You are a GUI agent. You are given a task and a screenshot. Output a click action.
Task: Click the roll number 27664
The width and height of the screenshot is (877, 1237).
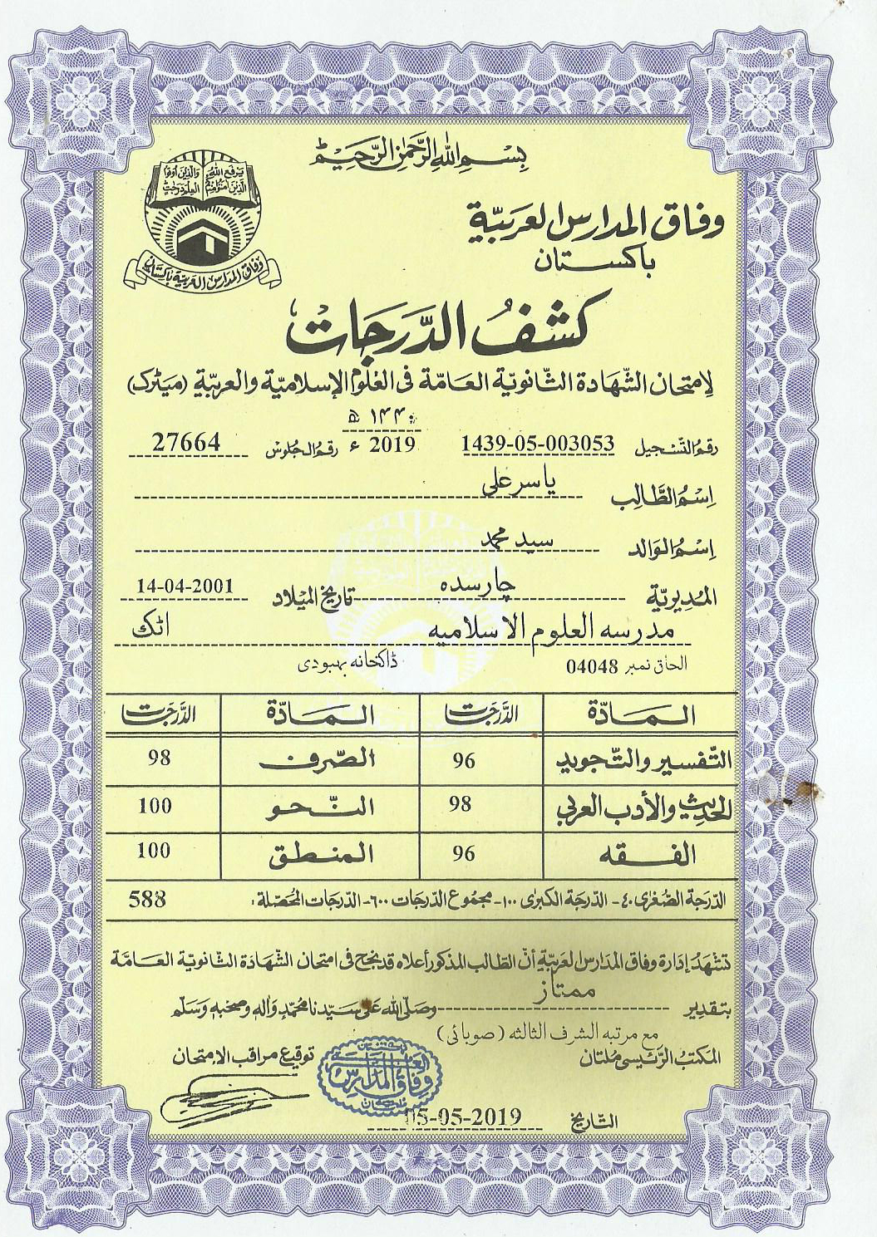coord(186,443)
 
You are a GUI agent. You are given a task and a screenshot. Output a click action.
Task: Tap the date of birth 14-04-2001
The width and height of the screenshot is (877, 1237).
coord(185,586)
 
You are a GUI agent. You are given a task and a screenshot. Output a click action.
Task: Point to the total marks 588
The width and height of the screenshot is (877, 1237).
coord(148,898)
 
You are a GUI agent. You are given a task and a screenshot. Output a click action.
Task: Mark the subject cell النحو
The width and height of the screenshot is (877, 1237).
coord(321,807)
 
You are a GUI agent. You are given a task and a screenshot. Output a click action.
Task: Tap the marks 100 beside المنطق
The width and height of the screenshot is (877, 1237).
coord(155,851)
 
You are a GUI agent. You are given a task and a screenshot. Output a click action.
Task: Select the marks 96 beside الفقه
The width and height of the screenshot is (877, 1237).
coord(464,853)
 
